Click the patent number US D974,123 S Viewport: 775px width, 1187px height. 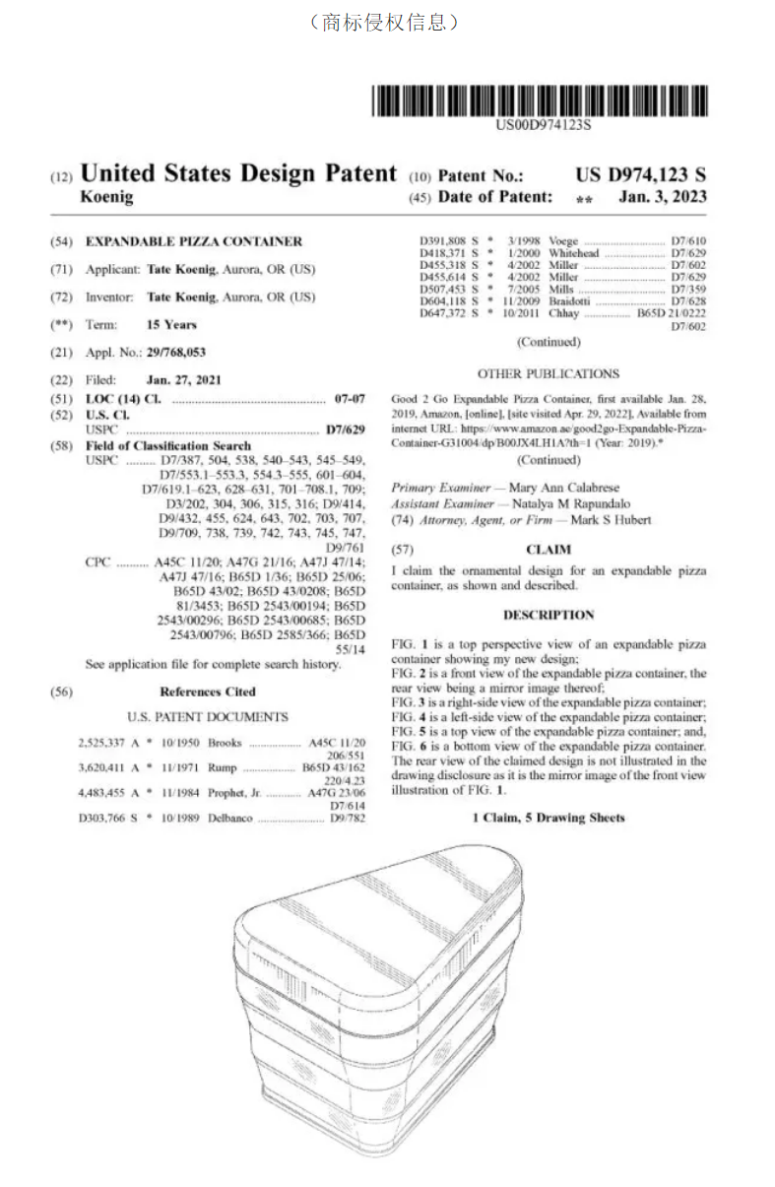point(640,175)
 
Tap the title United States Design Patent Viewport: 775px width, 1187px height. point(238,173)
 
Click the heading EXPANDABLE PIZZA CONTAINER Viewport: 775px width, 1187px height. point(194,241)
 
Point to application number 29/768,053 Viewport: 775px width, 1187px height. point(172,353)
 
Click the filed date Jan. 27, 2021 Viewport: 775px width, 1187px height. point(184,380)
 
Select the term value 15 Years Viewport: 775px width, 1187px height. point(171,324)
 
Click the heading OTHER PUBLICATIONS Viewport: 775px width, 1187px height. point(549,374)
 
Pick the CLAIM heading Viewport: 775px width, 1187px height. point(549,549)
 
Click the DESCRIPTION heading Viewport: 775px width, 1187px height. point(549,615)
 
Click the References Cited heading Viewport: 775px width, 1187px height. point(207,692)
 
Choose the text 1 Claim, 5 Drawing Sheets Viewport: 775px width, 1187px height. point(549,818)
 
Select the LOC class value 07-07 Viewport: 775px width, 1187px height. point(350,399)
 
